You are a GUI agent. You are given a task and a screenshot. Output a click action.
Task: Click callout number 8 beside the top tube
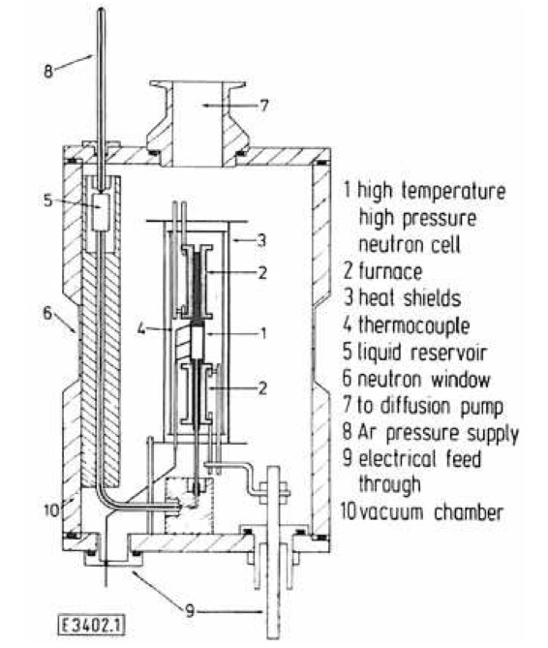click(48, 71)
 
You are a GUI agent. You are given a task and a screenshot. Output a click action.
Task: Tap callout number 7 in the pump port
click(263, 105)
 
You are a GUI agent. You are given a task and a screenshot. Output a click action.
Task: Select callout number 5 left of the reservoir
click(48, 201)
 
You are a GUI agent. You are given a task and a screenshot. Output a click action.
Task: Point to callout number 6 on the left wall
click(47, 313)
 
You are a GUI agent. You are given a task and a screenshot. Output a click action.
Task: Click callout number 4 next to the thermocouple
click(141, 329)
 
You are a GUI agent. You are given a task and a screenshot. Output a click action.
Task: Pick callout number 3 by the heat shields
click(261, 239)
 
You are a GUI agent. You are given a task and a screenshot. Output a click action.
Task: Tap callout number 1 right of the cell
click(263, 333)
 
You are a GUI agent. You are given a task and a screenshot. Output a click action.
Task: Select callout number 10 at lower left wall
click(51, 509)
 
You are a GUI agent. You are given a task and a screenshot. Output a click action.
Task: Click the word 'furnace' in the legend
click(390, 271)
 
